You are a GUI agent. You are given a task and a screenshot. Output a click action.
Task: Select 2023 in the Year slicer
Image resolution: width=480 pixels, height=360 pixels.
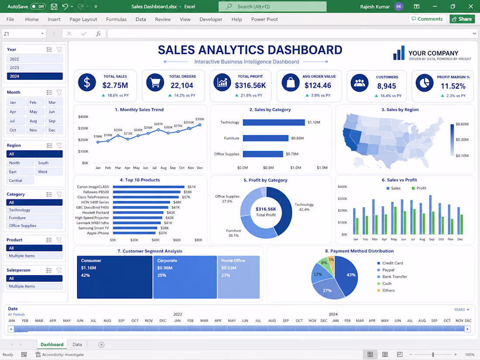34,68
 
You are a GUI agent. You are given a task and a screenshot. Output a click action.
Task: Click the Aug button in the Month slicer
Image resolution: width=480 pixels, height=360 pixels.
33,121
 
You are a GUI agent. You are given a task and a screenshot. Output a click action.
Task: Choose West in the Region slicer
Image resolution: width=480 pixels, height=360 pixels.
49,172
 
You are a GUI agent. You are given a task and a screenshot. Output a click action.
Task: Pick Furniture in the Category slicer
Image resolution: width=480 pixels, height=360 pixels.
34,218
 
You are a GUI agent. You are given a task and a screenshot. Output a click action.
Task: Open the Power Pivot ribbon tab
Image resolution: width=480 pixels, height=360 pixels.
264,19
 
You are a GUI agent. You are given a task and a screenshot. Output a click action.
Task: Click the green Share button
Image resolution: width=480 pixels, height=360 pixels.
462,19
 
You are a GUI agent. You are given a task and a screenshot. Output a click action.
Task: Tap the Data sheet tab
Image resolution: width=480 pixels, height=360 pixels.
77,344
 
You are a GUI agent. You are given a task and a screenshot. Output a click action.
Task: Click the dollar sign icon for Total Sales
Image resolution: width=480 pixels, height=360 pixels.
87,82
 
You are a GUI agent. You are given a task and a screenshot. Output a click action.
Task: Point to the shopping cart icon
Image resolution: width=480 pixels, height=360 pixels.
155,82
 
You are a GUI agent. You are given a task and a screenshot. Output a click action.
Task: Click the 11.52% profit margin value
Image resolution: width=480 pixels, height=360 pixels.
453,86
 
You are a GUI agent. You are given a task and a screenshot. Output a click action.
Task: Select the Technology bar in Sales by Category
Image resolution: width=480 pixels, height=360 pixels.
274,123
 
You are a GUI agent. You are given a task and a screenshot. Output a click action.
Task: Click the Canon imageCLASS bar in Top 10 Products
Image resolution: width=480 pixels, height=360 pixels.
148,187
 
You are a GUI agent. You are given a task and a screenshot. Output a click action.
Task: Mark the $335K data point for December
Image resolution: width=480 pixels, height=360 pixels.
200,125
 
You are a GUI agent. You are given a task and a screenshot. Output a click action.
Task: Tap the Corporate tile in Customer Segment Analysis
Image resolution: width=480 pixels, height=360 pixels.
185,277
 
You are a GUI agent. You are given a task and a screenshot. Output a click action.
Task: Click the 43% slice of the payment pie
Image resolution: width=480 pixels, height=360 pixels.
348,275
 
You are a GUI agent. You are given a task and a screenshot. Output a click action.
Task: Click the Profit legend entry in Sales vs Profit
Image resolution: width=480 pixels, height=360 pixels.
419,188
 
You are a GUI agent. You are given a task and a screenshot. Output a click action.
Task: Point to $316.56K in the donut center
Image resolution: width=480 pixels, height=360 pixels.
266,209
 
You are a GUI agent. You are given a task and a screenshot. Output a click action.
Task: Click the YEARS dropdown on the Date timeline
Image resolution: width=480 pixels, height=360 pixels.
461,310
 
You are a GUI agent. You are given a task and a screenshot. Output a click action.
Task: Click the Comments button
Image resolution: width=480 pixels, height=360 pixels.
427,19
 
